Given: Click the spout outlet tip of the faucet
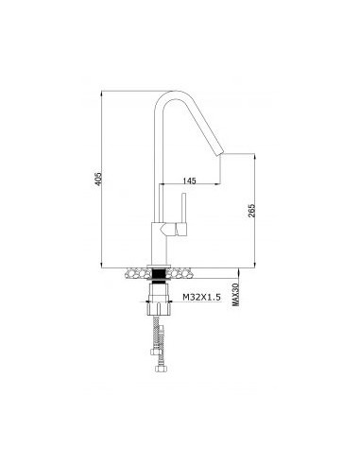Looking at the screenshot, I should [222, 151].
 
